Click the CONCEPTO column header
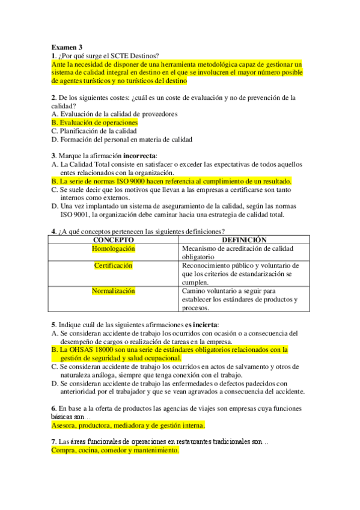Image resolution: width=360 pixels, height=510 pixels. tap(113, 239)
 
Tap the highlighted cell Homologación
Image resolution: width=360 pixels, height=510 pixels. tap(113, 248)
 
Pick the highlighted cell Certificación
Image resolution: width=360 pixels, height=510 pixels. tap(113, 265)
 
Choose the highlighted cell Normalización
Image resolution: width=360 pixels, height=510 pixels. tap(113, 291)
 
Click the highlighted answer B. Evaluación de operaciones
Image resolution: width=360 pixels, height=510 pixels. tap(94, 122)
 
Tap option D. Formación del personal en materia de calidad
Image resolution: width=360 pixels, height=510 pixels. tap(122, 140)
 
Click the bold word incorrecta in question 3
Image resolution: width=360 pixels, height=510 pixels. tap(136, 156)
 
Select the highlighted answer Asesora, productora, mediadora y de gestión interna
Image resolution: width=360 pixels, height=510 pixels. tap(128, 425)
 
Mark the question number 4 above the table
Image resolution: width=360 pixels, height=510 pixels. tap(53, 232)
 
